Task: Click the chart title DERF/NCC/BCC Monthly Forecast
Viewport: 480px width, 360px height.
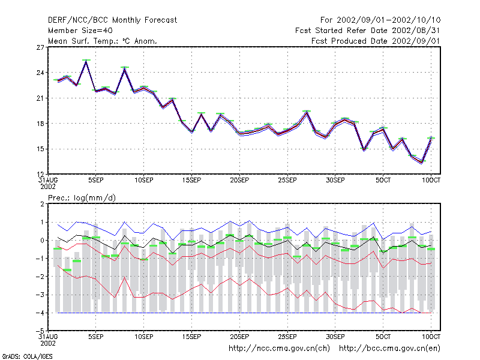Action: click(112, 20)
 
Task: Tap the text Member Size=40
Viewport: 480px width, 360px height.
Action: click(80, 31)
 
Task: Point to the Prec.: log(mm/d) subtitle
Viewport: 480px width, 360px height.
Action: click(82, 198)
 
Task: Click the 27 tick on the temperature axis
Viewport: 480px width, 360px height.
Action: click(40, 47)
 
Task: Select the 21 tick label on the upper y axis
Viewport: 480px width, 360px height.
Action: click(40, 98)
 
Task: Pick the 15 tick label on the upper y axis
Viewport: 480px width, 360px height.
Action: click(40, 149)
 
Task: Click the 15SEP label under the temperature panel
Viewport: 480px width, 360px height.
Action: click(191, 181)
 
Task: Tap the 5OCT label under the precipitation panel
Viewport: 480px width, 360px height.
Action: click(383, 337)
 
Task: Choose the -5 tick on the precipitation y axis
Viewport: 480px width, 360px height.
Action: click(40, 331)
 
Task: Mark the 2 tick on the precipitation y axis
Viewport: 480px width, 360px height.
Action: click(42, 204)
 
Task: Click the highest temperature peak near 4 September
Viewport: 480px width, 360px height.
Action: click(86, 61)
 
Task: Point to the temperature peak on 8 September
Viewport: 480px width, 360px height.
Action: click(125, 68)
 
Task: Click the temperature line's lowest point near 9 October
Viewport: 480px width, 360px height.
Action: click(422, 162)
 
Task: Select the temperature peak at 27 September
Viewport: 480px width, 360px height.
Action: click(307, 112)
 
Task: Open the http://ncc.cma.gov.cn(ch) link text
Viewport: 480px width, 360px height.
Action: click(279, 349)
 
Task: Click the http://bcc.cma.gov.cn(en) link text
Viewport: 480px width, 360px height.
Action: click(389, 349)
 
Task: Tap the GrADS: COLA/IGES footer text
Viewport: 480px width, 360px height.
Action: click(27, 356)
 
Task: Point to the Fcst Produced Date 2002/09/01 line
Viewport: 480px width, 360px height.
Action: click(376, 41)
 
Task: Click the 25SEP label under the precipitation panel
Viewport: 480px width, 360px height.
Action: click(287, 337)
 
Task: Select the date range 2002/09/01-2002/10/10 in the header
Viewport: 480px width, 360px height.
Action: click(389, 20)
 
